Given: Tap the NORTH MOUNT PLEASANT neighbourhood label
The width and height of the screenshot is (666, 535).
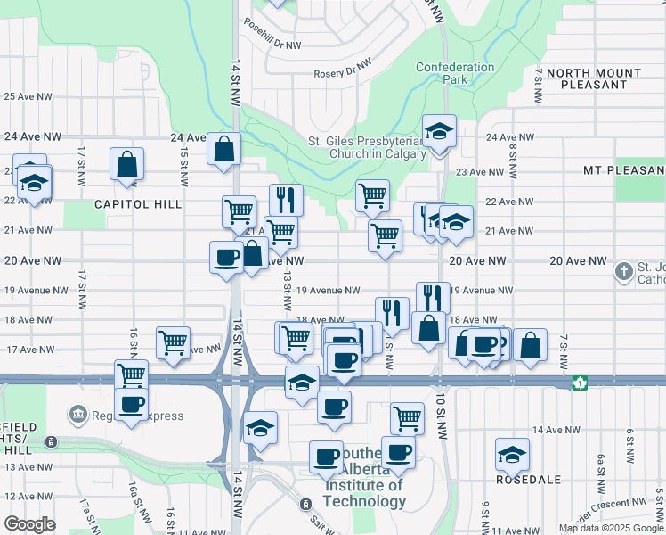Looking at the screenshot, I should pyautogui.click(x=594, y=78).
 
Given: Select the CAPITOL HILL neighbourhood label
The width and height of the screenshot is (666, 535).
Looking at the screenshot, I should pyautogui.click(x=138, y=204).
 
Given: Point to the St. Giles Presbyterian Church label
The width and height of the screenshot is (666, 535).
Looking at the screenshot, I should pyautogui.click(x=368, y=146).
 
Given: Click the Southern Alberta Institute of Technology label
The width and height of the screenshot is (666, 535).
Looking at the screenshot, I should pyautogui.click(x=365, y=486).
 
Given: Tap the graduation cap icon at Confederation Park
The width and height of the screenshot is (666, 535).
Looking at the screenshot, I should pyautogui.click(x=439, y=131).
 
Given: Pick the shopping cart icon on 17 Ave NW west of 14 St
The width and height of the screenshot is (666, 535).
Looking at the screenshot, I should pyautogui.click(x=173, y=342).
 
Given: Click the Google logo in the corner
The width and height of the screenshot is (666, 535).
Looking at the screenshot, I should pyautogui.click(x=30, y=524).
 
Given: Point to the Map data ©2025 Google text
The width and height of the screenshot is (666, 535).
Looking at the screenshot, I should pyautogui.click(x=611, y=528).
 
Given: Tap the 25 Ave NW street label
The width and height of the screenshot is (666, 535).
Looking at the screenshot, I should pyautogui.click(x=27, y=96).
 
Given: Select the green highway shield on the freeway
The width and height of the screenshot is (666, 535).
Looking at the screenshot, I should pyautogui.click(x=580, y=383).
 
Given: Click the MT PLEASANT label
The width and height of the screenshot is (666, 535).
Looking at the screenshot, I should pyautogui.click(x=623, y=169).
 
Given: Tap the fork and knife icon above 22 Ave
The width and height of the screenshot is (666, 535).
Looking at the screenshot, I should pyautogui.click(x=286, y=199).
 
